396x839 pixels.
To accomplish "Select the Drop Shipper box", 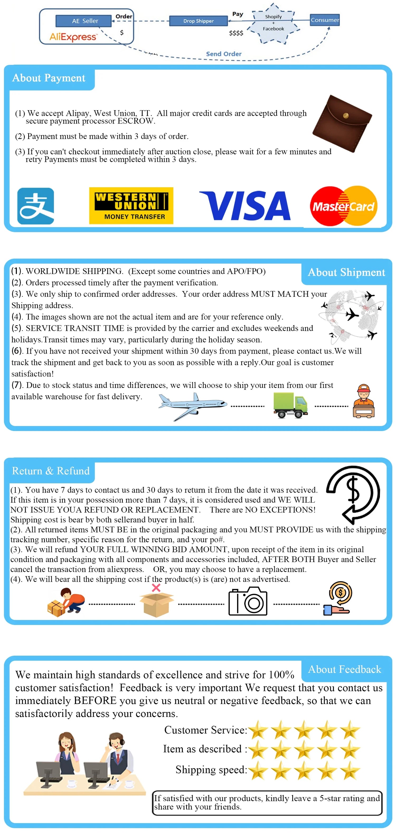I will pos(198,21).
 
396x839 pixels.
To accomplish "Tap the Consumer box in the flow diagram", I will pos(324,20).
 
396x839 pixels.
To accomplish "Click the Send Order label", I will pos(224,54).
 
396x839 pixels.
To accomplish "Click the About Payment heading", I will pos(49,78).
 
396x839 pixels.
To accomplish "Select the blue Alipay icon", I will pos(35,206).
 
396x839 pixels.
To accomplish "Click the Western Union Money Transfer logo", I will pos(131,206).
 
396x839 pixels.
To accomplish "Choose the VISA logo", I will pos(245,206).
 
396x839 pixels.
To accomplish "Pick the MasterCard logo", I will pos(344,206).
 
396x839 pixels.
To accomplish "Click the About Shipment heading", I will pos(346,272).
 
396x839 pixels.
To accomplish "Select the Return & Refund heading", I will pos(51,471).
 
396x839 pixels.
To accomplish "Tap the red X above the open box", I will pos(156,587).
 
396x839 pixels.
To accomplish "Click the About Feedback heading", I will pos(344,669).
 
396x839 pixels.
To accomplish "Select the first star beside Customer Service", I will pos(258,730).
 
